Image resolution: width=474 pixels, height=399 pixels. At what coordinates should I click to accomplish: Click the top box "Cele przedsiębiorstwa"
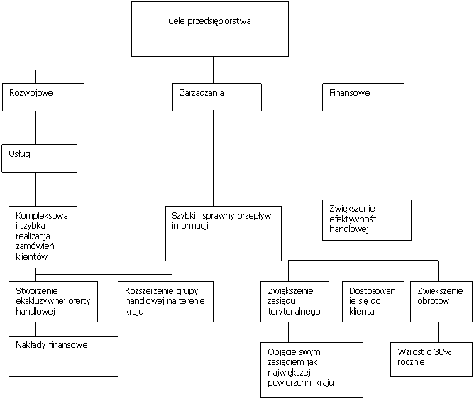(x=210, y=29)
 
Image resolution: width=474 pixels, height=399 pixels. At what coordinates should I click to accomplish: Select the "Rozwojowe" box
(x=43, y=97)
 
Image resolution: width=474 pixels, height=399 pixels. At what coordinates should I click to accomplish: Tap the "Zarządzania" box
(x=216, y=97)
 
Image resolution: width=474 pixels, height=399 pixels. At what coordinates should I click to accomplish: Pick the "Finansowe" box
(x=363, y=97)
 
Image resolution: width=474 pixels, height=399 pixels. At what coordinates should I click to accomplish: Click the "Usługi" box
(x=39, y=158)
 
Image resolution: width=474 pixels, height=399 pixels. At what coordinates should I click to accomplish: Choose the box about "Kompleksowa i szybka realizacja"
(x=43, y=237)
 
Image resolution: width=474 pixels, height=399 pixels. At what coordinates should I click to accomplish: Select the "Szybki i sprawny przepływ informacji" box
(x=224, y=234)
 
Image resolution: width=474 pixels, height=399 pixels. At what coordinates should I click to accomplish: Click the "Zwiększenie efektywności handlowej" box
(x=367, y=220)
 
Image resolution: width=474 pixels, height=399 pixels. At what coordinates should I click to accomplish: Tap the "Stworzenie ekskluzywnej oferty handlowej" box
(x=53, y=302)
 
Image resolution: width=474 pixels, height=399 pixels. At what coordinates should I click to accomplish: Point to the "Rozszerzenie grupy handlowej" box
(x=165, y=302)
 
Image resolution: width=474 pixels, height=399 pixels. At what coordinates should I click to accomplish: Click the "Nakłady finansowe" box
(x=63, y=356)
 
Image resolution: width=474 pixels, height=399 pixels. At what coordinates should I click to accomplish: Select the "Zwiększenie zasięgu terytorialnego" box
(x=294, y=302)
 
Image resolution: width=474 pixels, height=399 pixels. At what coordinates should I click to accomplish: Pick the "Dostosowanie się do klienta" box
(x=373, y=302)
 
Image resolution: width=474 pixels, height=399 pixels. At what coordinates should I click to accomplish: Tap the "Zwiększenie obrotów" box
(x=441, y=302)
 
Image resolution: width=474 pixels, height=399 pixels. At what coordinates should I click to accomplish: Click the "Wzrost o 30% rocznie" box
(x=431, y=359)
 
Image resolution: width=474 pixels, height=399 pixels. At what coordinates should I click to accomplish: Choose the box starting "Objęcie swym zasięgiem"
(x=312, y=370)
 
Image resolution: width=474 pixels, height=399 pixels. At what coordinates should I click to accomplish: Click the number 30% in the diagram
(x=443, y=352)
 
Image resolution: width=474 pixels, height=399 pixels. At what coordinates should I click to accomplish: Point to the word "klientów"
(x=32, y=257)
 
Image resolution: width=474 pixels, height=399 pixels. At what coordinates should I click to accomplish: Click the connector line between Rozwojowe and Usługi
(x=36, y=128)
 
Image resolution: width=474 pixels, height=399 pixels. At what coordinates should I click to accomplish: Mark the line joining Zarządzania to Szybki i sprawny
(x=213, y=159)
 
